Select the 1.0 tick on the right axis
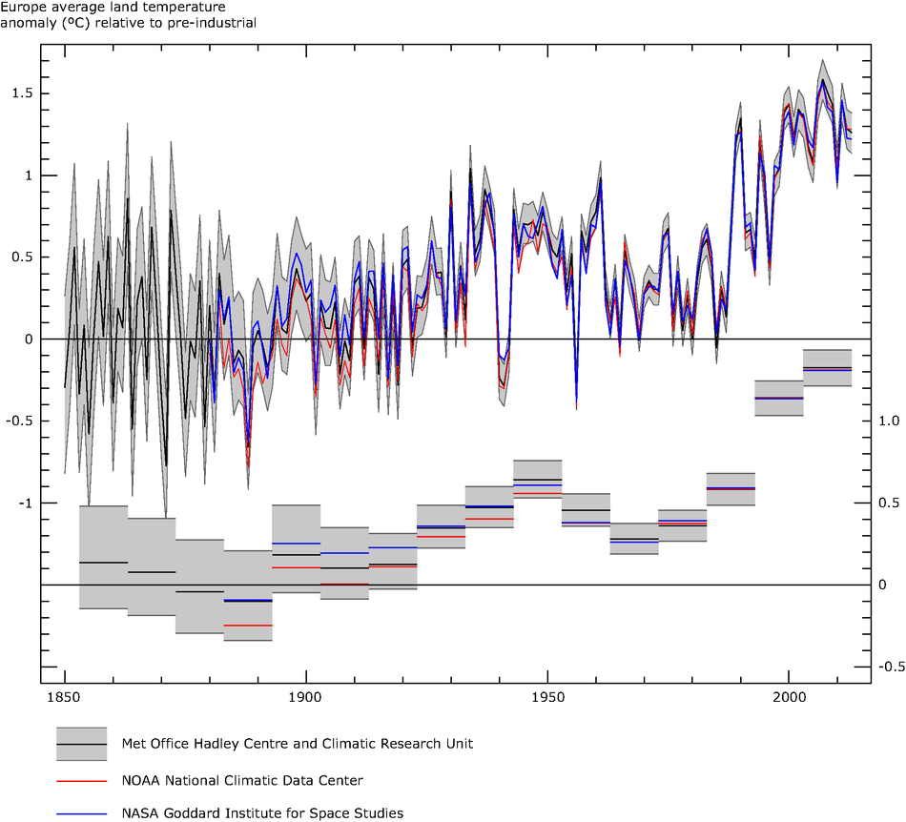click(889, 421)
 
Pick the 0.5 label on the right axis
click(889, 503)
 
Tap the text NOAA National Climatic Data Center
click(242, 781)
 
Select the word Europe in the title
click(24, 7)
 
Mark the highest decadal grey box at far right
click(827, 368)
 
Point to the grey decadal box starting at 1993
click(778, 398)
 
